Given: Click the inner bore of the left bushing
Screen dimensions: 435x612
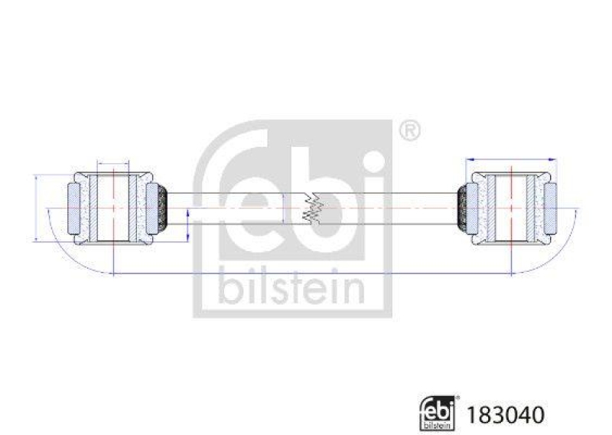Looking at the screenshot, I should coord(112,207).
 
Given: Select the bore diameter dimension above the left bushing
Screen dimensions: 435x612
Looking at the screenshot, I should coord(112,164).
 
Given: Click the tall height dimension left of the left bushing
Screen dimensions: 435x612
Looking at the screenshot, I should coord(36,208).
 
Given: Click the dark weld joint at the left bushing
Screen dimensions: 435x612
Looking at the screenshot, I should coord(161,207).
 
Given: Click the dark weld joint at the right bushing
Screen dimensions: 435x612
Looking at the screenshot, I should coord(462,207).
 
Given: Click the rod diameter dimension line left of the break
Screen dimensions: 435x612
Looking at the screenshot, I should coord(284,208).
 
